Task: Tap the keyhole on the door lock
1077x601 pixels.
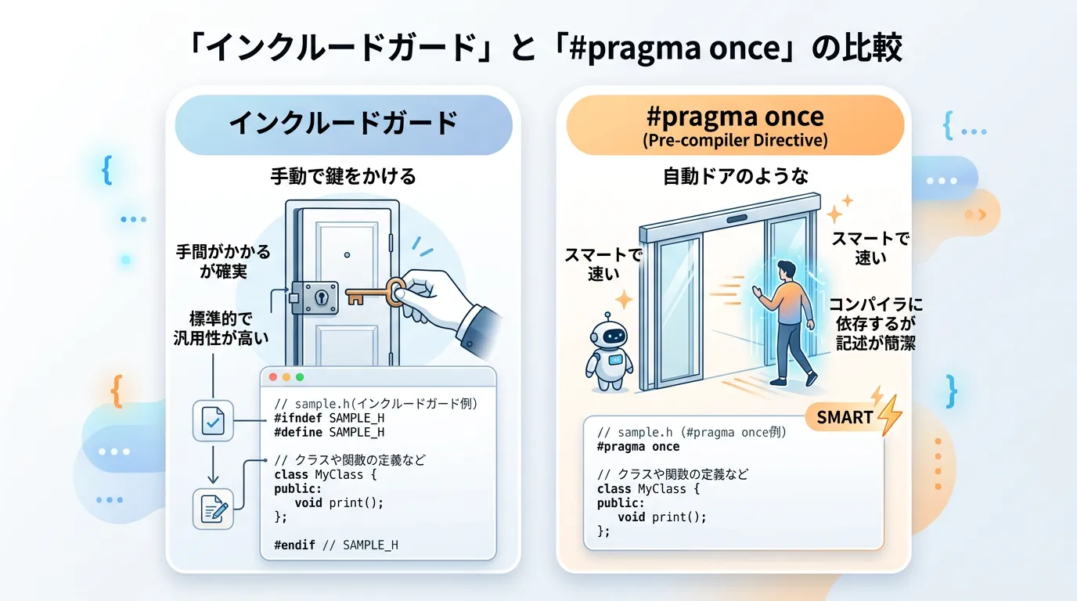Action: [321, 297]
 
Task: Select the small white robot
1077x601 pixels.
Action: [608, 351]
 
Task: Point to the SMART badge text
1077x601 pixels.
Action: [845, 417]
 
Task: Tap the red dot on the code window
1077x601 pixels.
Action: [273, 377]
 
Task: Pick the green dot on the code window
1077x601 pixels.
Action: [300, 377]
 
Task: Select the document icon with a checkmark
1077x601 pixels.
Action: [213, 421]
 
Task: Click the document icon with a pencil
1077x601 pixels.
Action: [213, 509]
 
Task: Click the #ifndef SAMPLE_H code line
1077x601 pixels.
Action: [330, 418]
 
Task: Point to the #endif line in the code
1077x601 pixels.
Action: [336, 545]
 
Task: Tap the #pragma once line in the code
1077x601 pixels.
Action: [638, 447]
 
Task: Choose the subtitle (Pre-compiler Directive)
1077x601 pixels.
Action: [735, 140]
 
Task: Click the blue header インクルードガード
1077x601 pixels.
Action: [344, 124]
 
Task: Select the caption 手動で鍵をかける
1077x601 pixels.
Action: [343, 176]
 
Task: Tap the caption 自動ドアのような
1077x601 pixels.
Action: [736, 176]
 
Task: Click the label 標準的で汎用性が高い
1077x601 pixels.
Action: [221, 329]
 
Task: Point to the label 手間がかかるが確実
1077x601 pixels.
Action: [223, 261]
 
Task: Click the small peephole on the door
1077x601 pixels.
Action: [347, 255]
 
